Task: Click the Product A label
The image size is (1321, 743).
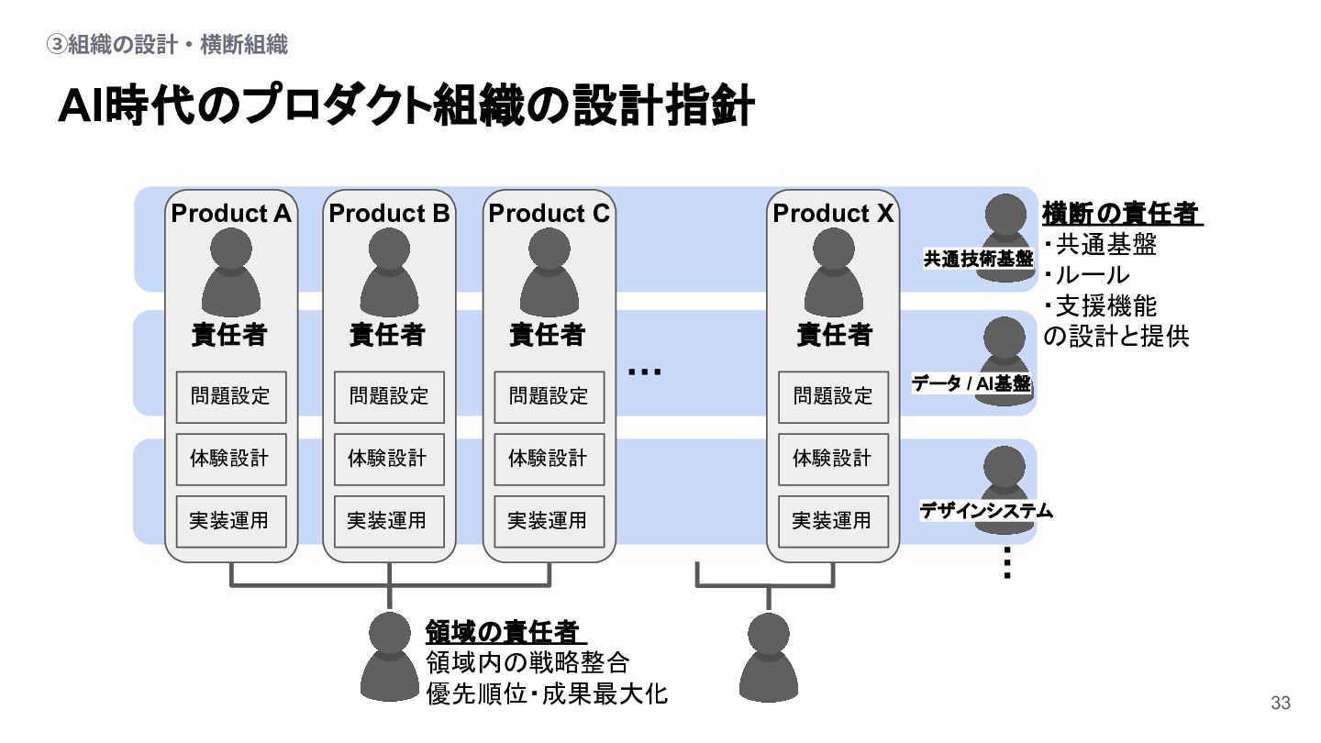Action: click(231, 214)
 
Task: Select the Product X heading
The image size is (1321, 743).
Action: click(833, 214)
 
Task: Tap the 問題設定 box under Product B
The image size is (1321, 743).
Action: click(389, 396)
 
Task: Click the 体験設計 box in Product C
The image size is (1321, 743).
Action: click(549, 459)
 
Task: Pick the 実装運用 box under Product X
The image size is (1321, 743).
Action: click(833, 521)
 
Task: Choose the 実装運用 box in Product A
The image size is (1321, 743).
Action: click(231, 521)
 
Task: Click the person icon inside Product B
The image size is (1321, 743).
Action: click(389, 272)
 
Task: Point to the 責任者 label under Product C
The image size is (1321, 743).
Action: click(548, 335)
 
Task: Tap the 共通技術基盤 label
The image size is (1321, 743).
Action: click(978, 260)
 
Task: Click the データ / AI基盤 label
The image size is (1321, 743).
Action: click(971, 384)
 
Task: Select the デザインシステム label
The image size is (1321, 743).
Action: click(986, 511)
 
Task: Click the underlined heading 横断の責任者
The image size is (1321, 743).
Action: click(1120, 214)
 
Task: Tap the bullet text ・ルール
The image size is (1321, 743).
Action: click(1088, 275)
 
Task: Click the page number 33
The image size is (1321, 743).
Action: click(1280, 704)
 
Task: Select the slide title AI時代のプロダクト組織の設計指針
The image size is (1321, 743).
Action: click(406, 107)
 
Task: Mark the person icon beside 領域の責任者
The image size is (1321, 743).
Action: click(390, 656)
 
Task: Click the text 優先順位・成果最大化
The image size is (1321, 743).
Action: click(548, 694)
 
